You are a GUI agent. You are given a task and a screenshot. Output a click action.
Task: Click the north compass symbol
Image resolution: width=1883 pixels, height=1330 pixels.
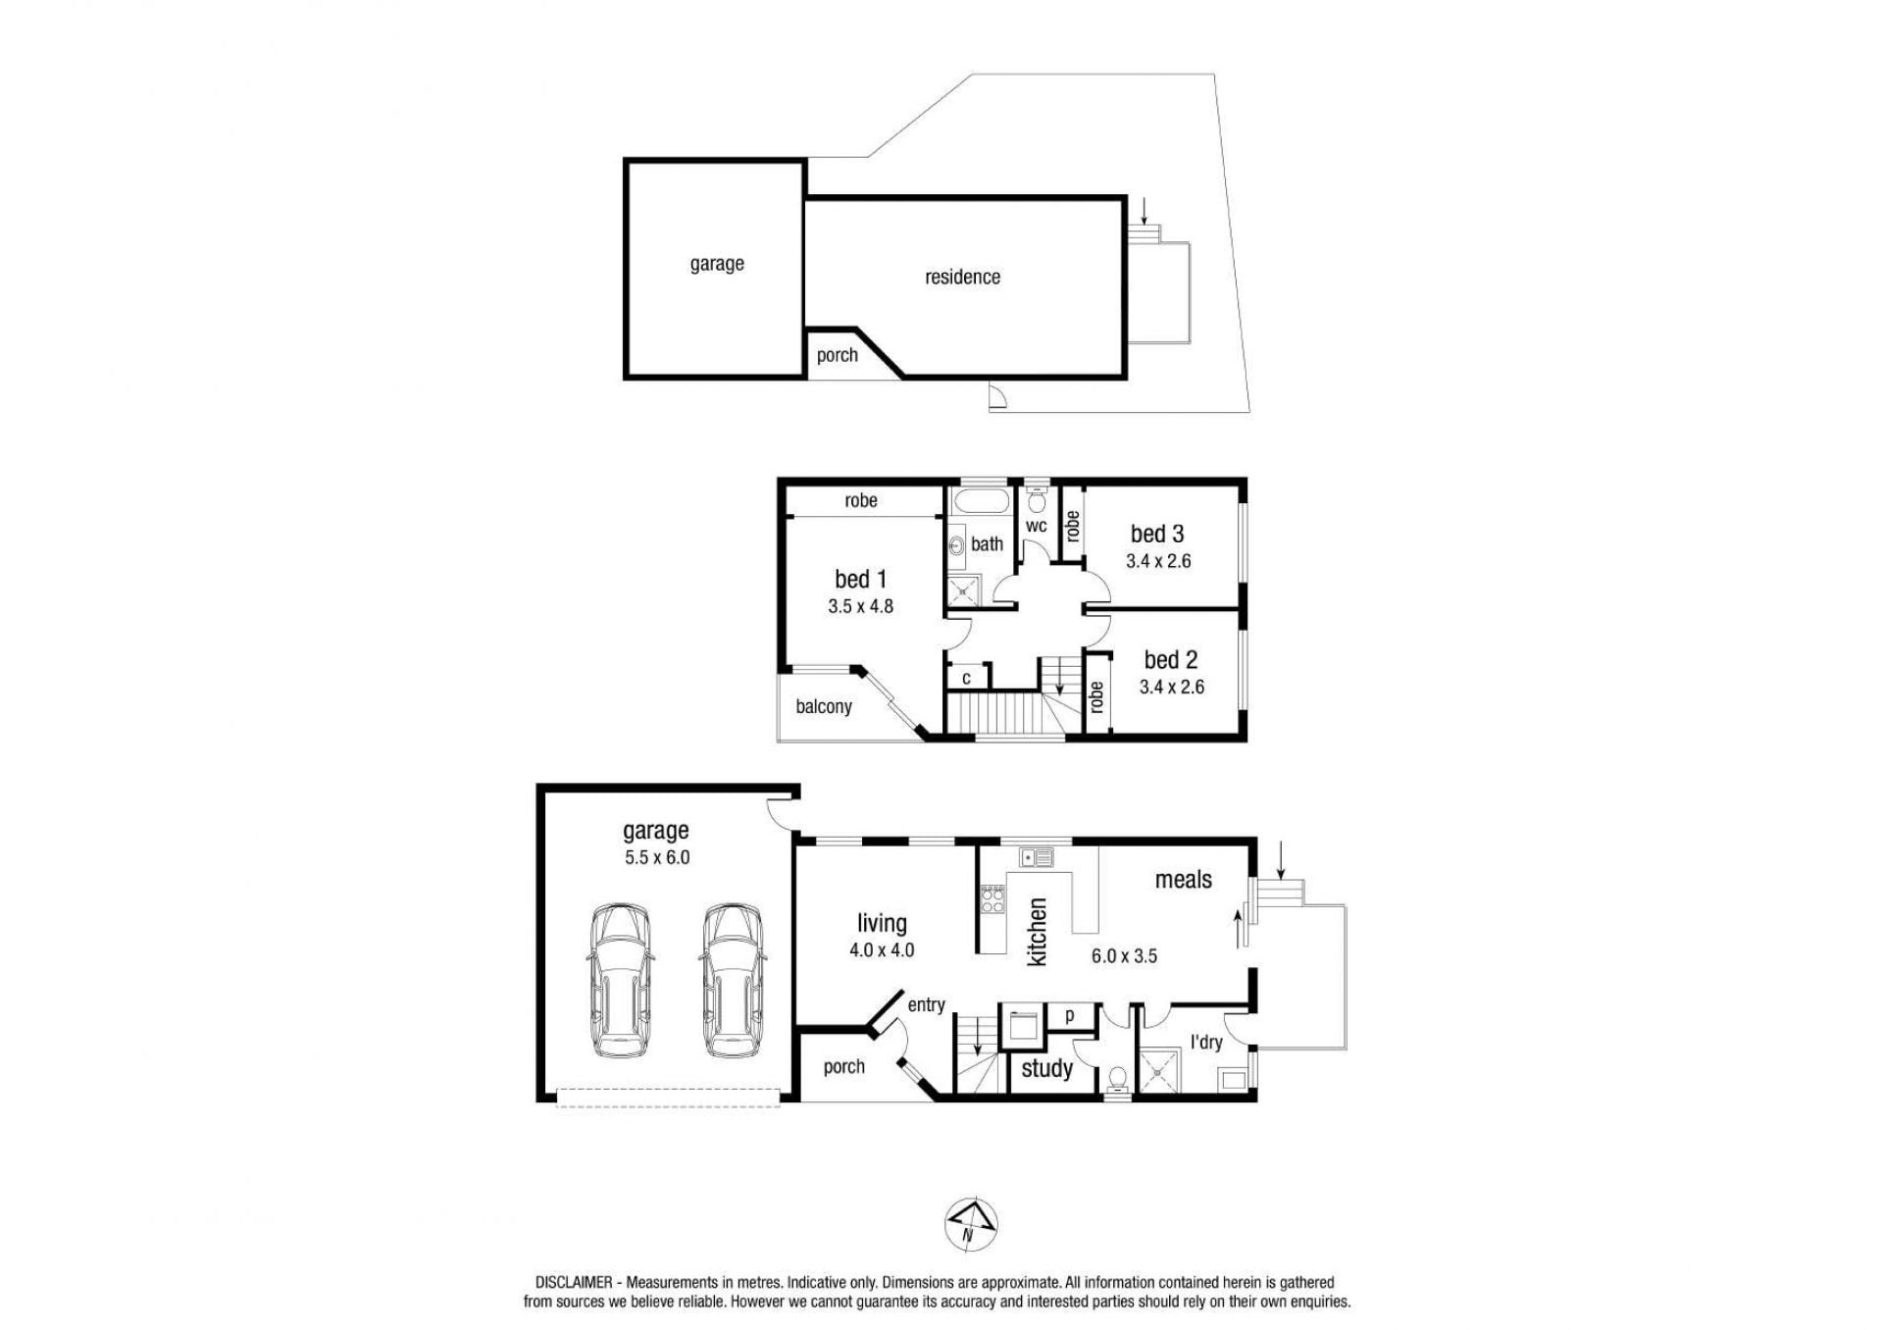[x=971, y=1225]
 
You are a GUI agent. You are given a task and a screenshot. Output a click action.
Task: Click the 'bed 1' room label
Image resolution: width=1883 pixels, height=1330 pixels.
[x=860, y=579]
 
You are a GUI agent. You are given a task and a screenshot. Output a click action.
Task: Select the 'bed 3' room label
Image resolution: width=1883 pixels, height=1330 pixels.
[x=1157, y=534]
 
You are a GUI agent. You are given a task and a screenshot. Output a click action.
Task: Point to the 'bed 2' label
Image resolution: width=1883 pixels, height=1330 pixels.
[x=1171, y=660]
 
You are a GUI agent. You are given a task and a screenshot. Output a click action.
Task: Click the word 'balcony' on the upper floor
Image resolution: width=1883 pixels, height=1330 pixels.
[x=824, y=706]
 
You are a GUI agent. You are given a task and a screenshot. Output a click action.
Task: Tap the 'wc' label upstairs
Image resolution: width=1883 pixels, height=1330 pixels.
[x=1037, y=527]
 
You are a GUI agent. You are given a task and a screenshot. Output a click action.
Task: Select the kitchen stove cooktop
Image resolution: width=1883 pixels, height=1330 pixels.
[x=992, y=899]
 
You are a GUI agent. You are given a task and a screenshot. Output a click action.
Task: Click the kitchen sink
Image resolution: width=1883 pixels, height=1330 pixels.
[x=1036, y=857]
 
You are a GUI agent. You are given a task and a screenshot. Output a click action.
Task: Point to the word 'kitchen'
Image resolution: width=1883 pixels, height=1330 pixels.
[x=1038, y=931]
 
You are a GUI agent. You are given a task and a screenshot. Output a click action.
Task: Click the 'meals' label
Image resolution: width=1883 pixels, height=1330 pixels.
[x=1184, y=880]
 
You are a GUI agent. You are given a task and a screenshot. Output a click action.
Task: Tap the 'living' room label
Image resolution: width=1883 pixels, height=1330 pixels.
[x=882, y=923]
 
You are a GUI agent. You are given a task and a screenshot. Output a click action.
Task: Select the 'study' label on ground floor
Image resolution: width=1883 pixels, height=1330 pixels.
[x=1047, y=1068]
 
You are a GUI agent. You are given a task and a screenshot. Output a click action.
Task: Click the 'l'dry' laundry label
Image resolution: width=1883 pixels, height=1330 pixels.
[x=1206, y=1042]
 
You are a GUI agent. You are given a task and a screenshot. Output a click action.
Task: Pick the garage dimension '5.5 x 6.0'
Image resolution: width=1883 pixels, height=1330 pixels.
[x=657, y=857]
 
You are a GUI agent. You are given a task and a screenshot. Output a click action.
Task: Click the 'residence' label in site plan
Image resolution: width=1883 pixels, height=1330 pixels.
[x=963, y=278]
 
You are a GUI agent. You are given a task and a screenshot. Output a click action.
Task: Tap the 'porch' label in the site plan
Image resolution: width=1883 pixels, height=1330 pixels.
[x=838, y=356]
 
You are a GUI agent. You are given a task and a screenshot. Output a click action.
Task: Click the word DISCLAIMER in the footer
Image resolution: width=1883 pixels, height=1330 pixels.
[x=574, y=1282]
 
